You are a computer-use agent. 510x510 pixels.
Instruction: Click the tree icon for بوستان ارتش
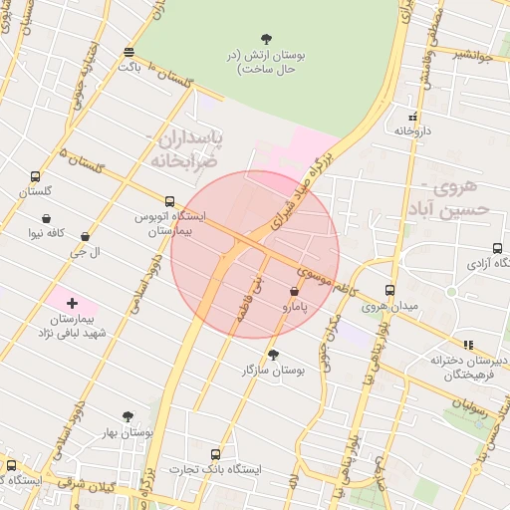tap(264, 39)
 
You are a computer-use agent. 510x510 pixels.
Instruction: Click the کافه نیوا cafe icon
tap(47, 219)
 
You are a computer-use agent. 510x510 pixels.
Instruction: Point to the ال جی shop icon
tap(85, 237)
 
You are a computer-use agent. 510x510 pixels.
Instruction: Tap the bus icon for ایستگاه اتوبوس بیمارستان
tap(169, 200)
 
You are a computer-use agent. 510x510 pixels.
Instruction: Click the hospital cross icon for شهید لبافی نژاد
tap(72, 302)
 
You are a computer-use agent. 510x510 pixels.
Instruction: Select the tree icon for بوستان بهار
tap(127, 416)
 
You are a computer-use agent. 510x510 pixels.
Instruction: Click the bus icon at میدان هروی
tap(389, 290)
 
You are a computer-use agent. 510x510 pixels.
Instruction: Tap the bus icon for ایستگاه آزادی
tap(497, 249)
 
